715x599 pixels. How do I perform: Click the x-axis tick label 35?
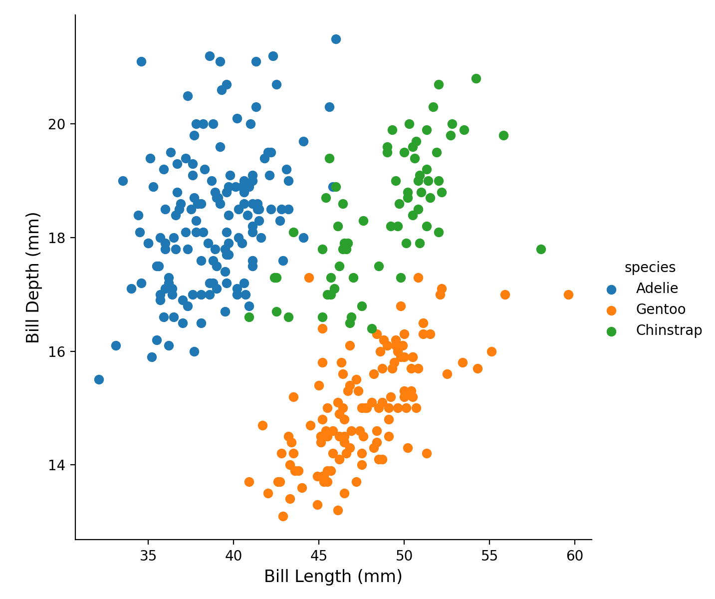click(148, 556)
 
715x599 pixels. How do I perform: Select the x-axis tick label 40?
click(234, 556)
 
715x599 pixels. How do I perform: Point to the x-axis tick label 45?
click(319, 556)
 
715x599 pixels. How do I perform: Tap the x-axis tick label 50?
click(404, 556)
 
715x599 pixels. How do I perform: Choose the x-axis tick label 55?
click(489, 556)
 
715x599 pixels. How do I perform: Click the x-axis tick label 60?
click(575, 556)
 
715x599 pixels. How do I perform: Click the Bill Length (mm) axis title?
click(333, 577)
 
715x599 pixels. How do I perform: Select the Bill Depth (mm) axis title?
click(33, 278)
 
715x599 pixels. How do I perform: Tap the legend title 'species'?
click(650, 268)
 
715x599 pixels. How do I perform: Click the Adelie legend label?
click(657, 289)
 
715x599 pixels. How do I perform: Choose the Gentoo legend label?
click(660, 309)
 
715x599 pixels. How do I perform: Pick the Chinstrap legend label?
click(669, 330)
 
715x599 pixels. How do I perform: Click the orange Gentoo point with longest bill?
click(568, 295)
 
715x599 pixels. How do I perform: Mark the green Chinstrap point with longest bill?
click(541, 249)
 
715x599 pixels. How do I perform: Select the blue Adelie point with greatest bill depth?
click(336, 39)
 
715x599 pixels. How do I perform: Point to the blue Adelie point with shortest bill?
click(99, 379)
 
